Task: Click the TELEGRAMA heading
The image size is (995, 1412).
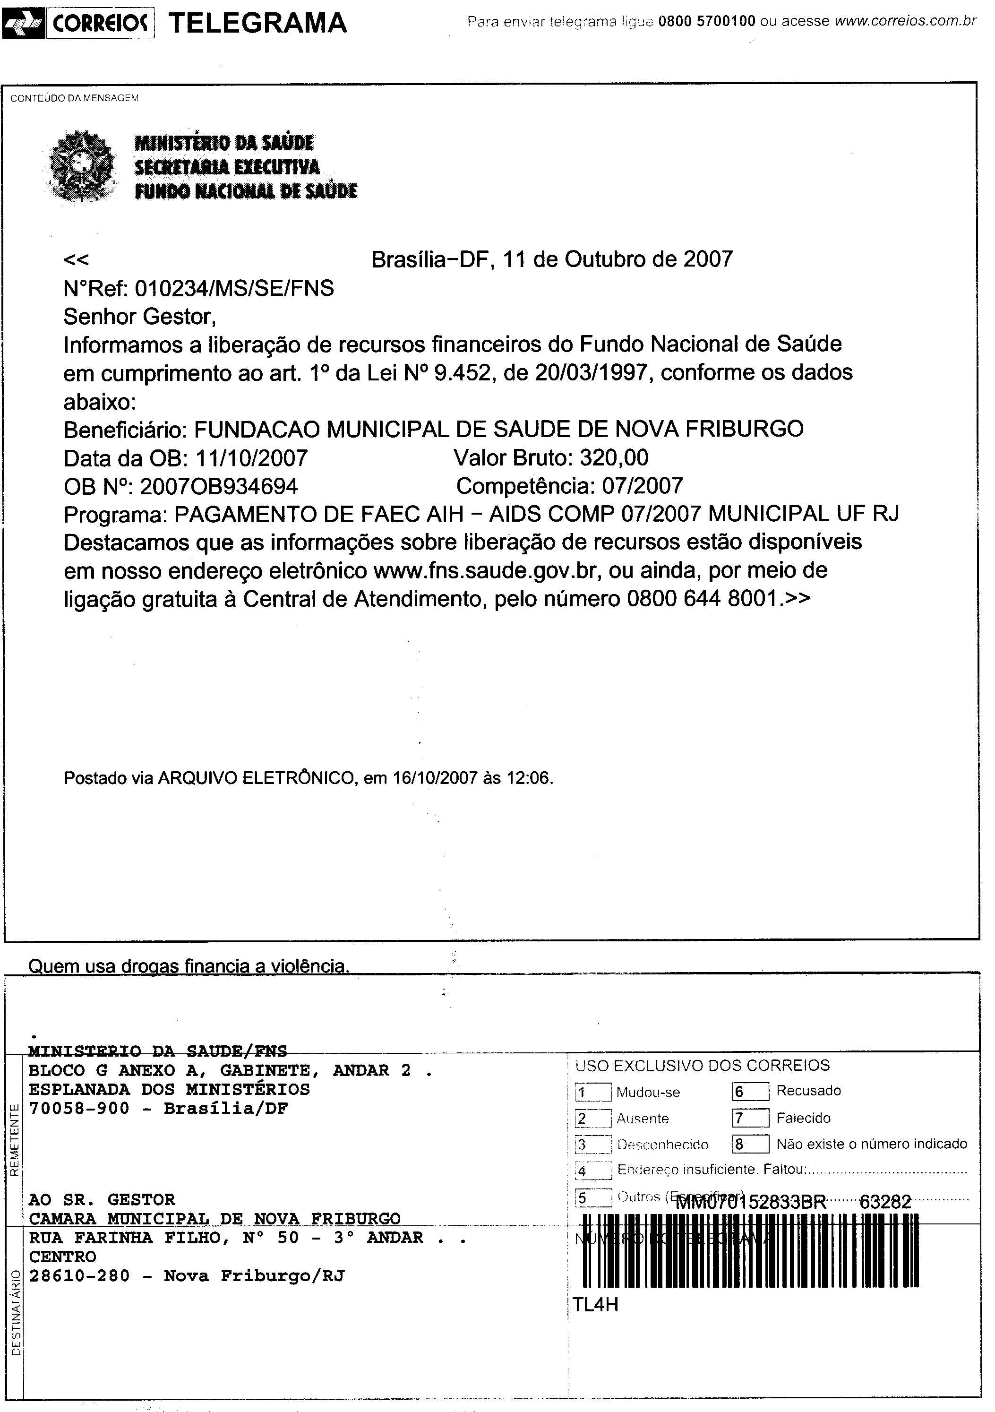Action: [257, 23]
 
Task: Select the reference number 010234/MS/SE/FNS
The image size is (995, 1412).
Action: [234, 288]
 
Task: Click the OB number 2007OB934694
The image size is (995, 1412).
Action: [219, 486]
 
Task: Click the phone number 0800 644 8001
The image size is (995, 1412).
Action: [702, 599]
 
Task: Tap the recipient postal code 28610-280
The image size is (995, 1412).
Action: [79, 1276]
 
